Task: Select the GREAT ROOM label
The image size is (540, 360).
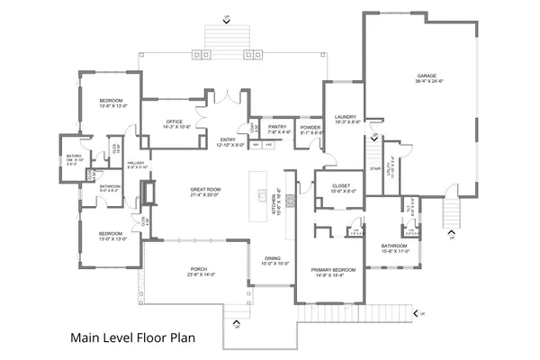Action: (205, 189)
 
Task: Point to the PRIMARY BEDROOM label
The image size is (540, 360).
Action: (333, 269)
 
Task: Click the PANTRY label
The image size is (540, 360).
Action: (276, 127)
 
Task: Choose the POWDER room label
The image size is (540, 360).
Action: (310, 127)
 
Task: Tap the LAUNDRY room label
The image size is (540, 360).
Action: (346, 116)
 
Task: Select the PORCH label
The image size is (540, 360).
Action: (199, 268)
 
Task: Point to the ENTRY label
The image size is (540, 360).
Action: (229, 139)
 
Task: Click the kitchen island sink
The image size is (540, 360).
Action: (261, 196)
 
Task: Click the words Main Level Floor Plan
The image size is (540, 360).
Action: (134, 340)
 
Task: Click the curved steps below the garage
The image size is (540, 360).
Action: (450, 212)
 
